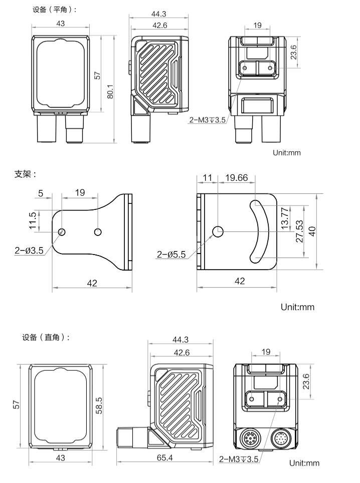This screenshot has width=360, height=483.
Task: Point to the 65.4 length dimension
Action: click(164, 457)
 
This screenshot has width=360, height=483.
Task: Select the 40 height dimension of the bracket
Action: click(312, 231)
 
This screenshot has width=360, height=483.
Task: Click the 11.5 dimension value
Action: click(33, 220)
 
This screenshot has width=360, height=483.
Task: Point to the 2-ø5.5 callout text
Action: click(171, 255)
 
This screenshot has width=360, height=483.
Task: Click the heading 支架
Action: click(26, 174)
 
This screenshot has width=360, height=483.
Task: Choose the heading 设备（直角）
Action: click(46, 337)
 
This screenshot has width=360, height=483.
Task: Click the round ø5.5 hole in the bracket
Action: click(218, 231)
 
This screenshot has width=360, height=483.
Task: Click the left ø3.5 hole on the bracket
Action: click(62, 231)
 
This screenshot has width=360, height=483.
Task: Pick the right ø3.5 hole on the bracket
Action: click(98, 231)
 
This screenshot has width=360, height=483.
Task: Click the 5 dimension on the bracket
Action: click(41, 192)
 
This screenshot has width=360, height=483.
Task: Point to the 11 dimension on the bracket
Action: click(208, 178)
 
